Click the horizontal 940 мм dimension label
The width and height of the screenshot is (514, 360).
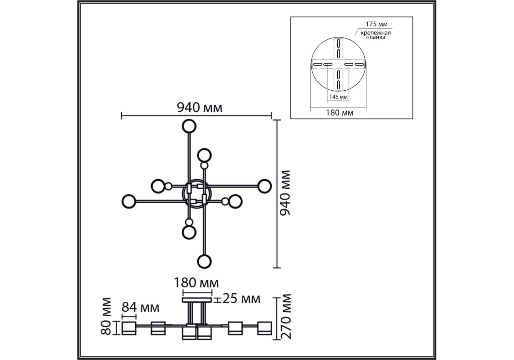(x=200, y=107)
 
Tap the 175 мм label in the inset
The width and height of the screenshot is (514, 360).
(x=376, y=24)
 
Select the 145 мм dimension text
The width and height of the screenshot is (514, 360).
(x=338, y=97)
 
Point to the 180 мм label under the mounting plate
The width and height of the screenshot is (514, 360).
(x=339, y=113)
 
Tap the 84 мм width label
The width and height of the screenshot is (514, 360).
(x=141, y=307)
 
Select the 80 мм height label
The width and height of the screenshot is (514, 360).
(x=106, y=316)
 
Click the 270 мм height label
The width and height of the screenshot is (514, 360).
(x=286, y=316)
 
